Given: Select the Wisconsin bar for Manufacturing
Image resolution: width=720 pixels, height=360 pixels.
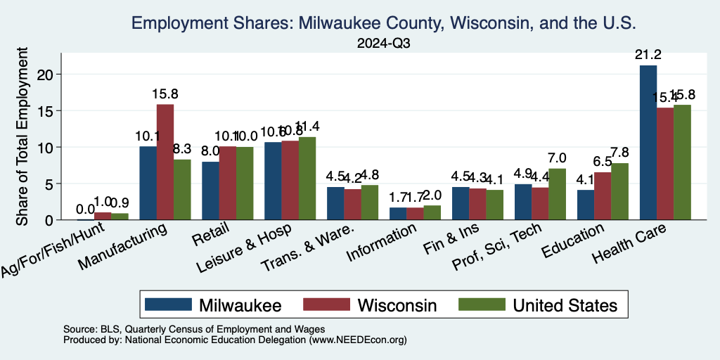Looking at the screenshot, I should pyautogui.click(x=165, y=162).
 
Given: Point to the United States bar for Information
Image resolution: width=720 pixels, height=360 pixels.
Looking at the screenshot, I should pyautogui.click(x=432, y=212).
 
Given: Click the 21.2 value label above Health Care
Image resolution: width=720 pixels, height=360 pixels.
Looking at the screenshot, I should pyautogui.click(x=648, y=55).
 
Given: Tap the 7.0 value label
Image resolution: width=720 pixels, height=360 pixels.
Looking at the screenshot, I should pyautogui.click(x=557, y=158).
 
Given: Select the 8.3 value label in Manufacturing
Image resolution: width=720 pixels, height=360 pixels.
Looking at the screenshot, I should pyautogui.click(x=182, y=149).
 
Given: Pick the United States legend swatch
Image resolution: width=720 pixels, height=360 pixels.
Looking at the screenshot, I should pyautogui.click(x=482, y=304).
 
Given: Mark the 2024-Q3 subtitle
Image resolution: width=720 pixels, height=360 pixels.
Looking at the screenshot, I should pyautogui.click(x=383, y=44).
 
